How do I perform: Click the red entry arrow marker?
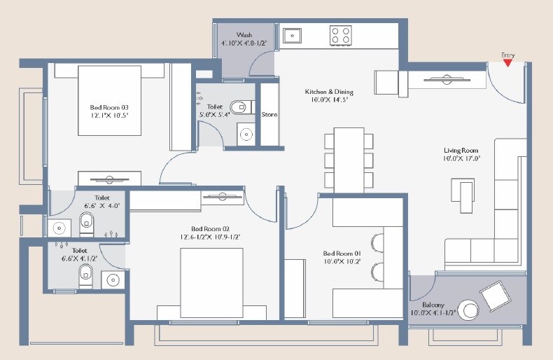tap(507, 63)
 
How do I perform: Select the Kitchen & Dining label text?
tap(328, 92)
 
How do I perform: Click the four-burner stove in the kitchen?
tap(341, 35)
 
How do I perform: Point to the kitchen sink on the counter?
tap(291, 34)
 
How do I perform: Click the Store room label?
tap(269, 114)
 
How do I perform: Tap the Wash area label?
tap(244, 34)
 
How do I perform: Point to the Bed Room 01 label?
tap(342, 254)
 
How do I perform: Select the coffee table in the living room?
tap(463, 194)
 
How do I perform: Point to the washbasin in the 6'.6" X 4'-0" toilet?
tap(59, 227)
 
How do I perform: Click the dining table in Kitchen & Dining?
tap(349, 159)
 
